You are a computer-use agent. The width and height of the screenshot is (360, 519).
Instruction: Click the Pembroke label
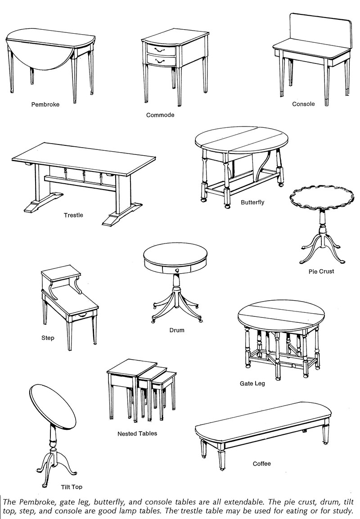coord(45,104)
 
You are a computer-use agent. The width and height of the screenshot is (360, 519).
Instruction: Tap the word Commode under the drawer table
coord(160,115)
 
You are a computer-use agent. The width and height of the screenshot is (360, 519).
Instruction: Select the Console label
coord(303,104)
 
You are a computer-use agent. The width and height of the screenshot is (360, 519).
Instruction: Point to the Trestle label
coord(73,215)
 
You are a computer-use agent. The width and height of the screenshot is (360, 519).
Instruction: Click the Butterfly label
coord(252,202)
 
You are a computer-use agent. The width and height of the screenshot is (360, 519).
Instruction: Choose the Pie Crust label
coord(321,271)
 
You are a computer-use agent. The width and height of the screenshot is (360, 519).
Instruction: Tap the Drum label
coord(177,330)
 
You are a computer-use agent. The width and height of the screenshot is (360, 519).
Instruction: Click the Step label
coord(48,338)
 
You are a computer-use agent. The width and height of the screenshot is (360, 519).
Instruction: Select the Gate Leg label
coord(252,384)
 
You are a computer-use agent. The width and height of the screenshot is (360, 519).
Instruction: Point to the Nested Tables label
coord(137,433)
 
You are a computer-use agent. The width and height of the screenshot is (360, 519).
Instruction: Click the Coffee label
coord(262,464)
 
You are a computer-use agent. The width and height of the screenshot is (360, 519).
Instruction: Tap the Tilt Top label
coord(72,487)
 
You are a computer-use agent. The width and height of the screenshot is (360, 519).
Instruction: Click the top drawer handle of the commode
coord(159,50)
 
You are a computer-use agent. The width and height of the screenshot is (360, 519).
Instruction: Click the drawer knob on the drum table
coord(177,271)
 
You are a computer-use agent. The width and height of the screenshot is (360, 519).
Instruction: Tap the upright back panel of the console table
coord(320,32)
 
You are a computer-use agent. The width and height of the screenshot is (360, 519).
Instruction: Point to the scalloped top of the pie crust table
coord(322,199)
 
